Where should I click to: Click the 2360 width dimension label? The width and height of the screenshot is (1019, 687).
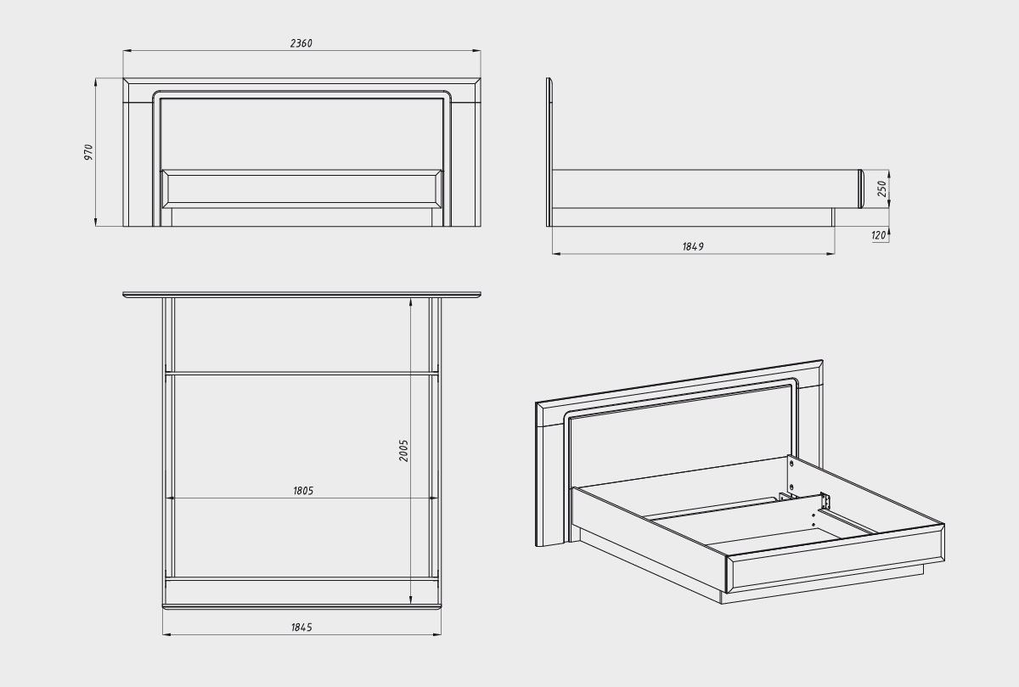click(x=301, y=43)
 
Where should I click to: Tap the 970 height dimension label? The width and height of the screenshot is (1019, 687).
click(x=88, y=152)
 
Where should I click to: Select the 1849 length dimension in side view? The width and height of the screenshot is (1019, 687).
click(x=693, y=246)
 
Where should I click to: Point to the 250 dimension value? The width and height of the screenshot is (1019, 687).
click(x=882, y=189)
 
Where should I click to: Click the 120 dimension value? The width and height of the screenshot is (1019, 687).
click(x=879, y=235)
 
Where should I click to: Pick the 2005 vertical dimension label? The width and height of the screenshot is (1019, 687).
click(x=404, y=450)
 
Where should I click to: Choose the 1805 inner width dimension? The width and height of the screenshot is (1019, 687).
click(x=303, y=491)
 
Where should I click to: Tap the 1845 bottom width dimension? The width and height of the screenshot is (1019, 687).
click(x=301, y=628)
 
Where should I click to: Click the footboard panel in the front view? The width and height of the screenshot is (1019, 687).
click(x=301, y=189)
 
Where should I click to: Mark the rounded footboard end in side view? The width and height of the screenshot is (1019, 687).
click(x=861, y=189)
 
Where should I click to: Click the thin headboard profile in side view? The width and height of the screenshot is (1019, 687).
click(x=549, y=152)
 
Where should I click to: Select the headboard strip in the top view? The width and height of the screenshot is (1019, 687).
click(x=301, y=295)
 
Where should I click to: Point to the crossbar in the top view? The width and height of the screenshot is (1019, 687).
click(x=301, y=374)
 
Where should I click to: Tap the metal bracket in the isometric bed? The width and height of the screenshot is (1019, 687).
click(x=825, y=500)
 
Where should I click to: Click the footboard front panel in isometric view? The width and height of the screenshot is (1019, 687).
click(x=836, y=559)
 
